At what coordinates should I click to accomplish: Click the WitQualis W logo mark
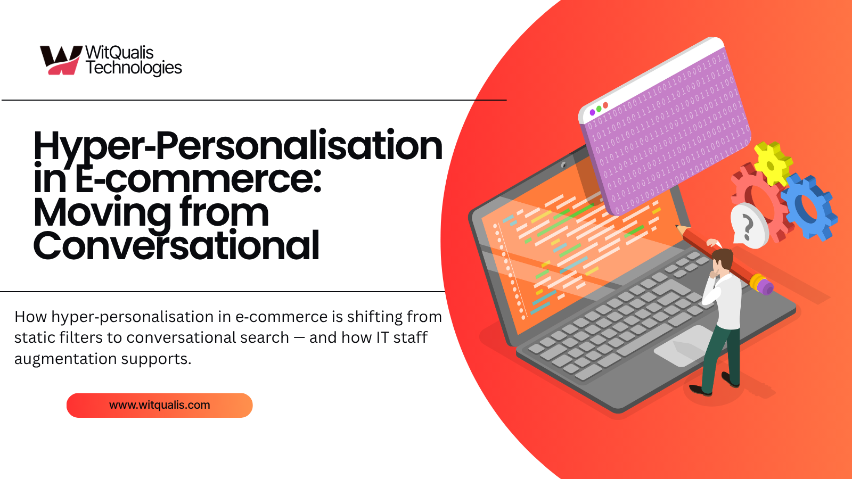coord(60,60)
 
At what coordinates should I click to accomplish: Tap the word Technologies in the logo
coord(134,68)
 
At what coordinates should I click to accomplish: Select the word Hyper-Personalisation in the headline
coord(237,146)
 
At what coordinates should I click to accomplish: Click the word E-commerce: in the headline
coord(198,179)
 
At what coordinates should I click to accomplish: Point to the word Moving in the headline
coord(101,213)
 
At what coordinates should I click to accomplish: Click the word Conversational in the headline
coord(176,246)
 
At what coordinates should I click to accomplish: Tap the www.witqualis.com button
coord(159,405)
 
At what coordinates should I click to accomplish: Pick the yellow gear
coord(772,163)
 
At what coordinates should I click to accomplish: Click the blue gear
coord(809,205)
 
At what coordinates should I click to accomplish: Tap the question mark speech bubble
coord(748,227)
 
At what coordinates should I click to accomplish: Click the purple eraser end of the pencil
coord(766,287)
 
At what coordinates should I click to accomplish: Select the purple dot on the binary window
coord(592,112)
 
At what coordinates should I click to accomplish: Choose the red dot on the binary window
coord(605,105)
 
